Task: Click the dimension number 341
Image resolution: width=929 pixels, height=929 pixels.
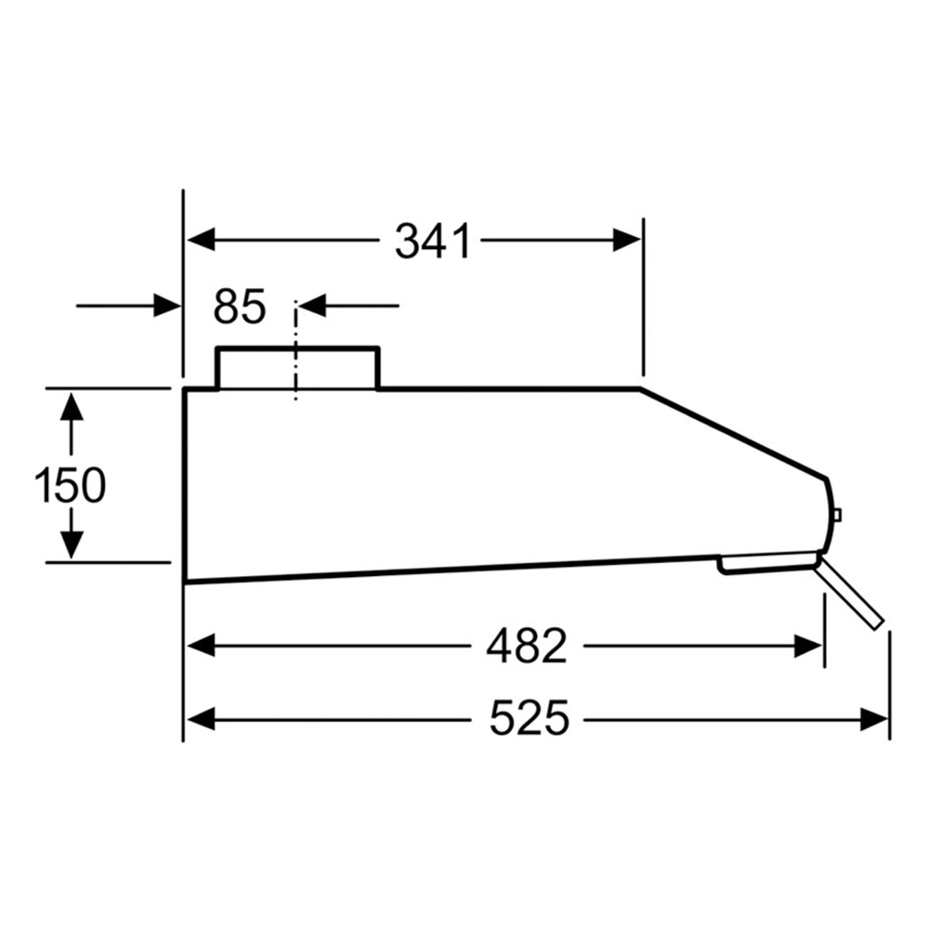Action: [433, 242]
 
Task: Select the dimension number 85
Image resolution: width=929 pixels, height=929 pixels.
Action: [239, 307]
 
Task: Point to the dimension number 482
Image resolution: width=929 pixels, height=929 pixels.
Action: [526, 647]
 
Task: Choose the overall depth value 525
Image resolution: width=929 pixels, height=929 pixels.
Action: [529, 719]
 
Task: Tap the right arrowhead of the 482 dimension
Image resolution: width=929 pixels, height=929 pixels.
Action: [808, 646]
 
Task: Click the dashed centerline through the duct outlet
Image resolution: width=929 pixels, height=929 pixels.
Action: [296, 372]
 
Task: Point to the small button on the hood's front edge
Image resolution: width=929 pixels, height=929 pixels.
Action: [837, 516]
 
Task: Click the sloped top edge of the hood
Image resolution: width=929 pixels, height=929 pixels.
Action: [734, 433]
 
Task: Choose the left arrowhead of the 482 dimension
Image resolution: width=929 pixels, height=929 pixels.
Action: [201, 646]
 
